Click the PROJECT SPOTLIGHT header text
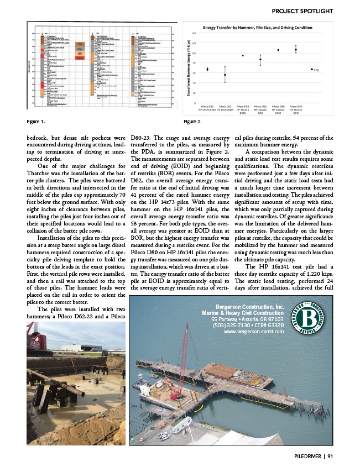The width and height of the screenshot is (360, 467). coord(302,11)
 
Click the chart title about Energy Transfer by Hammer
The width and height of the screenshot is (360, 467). coord(257,28)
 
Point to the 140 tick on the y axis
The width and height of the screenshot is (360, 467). coord(194,34)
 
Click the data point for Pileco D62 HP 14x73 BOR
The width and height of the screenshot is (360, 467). coord(225,75)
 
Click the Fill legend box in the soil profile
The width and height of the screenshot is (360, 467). coord(80,44)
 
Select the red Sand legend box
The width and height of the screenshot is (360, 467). coord(80,57)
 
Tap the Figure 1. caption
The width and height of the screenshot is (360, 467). coord(36,121)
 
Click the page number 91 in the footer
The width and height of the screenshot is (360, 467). coord(330,455)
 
